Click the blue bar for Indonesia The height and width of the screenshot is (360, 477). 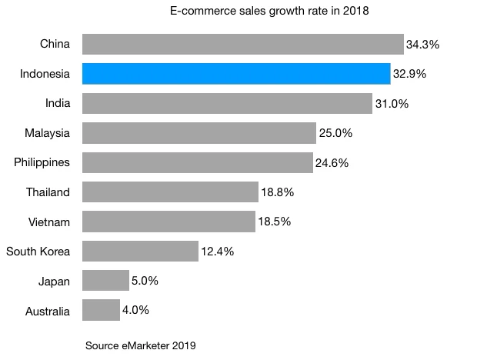click(x=236, y=74)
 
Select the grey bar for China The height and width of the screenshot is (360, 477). click(x=242, y=44)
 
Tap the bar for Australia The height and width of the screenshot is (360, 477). click(x=101, y=311)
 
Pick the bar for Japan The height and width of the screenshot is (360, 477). click(x=105, y=281)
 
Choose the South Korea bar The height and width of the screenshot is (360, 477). click(x=140, y=252)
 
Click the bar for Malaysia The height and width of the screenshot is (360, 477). click(x=198, y=133)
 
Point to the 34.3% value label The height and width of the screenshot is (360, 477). click(x=422, y=45)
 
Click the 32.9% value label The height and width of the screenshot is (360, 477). click(x=409, y=75)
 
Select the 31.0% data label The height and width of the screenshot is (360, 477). click(x=392, y=104)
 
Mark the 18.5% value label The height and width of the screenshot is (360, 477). click(x=274, y=222)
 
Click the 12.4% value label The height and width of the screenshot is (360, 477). click(x=217, y=252)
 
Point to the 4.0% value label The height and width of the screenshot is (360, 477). click(x=135, y=311)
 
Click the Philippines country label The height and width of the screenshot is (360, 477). click(x=42, y=162)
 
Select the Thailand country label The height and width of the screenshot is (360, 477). click(x=48, y=192)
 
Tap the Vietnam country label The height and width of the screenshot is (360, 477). click(x=49, y=222)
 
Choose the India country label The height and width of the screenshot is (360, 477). click(x=58, y=103)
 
